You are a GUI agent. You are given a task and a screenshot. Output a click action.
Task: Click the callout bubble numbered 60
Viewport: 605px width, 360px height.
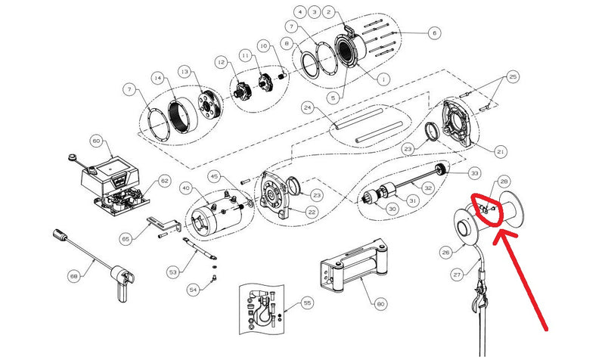point(96,141)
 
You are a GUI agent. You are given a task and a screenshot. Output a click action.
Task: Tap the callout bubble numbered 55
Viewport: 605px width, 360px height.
point(307,303)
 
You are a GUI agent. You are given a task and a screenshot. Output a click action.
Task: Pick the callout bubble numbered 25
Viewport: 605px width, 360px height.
point(512,78)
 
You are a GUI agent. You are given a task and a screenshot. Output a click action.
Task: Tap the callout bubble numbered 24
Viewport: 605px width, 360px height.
point(307,107)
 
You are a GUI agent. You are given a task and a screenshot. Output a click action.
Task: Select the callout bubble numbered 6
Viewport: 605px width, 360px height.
point(433,33)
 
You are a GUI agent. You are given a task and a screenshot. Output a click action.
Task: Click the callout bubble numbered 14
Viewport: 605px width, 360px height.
point(157,77)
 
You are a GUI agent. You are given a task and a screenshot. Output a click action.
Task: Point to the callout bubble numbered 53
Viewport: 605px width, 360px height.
point(173,270)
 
